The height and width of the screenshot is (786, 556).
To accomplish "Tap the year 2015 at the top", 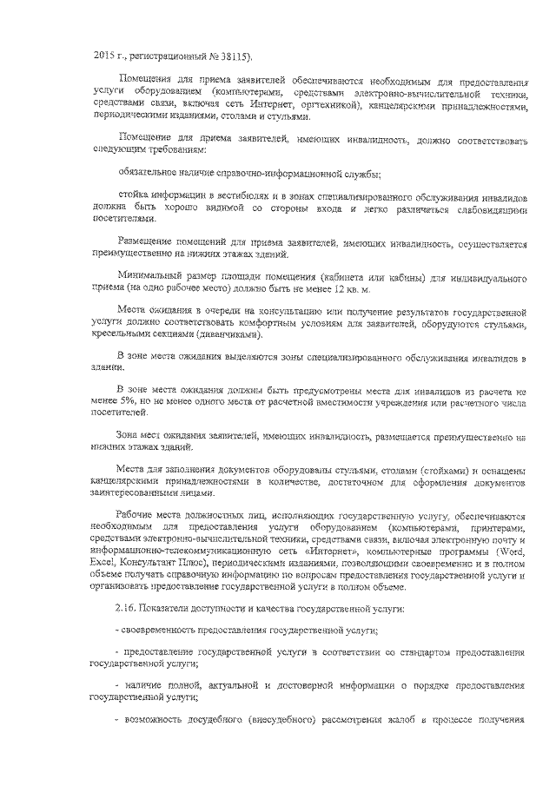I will [x=103, y=57].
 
